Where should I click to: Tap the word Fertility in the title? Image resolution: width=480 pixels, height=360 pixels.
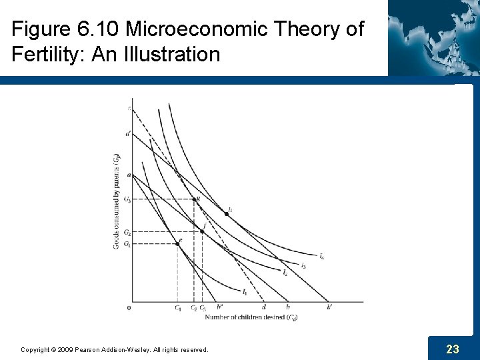pos(47,54)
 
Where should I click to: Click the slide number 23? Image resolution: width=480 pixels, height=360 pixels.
pos(453,349)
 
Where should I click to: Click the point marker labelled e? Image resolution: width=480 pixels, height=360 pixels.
pos(177,243)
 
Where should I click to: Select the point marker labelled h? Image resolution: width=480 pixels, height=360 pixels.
pos(225,214)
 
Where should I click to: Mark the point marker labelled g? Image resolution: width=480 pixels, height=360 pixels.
pos(194,199)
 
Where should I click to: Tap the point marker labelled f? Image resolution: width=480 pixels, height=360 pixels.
pos(202,231)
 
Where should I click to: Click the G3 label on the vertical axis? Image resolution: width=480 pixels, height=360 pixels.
pos(127,199)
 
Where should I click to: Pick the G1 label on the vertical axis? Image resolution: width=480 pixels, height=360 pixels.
pos(127,243)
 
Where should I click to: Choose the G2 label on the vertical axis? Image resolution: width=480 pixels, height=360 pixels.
pos(127,232)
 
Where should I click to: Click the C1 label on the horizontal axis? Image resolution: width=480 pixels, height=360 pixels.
pos(178,307)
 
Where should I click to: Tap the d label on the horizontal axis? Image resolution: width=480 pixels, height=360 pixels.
pos(264,307)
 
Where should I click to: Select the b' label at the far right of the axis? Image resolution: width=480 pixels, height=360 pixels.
pos(330,307)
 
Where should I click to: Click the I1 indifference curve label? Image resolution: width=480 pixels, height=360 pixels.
pos(245,292)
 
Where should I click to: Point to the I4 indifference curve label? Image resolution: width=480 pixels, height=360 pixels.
pos(322,257)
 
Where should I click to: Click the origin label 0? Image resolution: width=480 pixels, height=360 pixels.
pos(129,307)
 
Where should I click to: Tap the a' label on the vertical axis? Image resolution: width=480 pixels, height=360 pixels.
pos(127,133)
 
